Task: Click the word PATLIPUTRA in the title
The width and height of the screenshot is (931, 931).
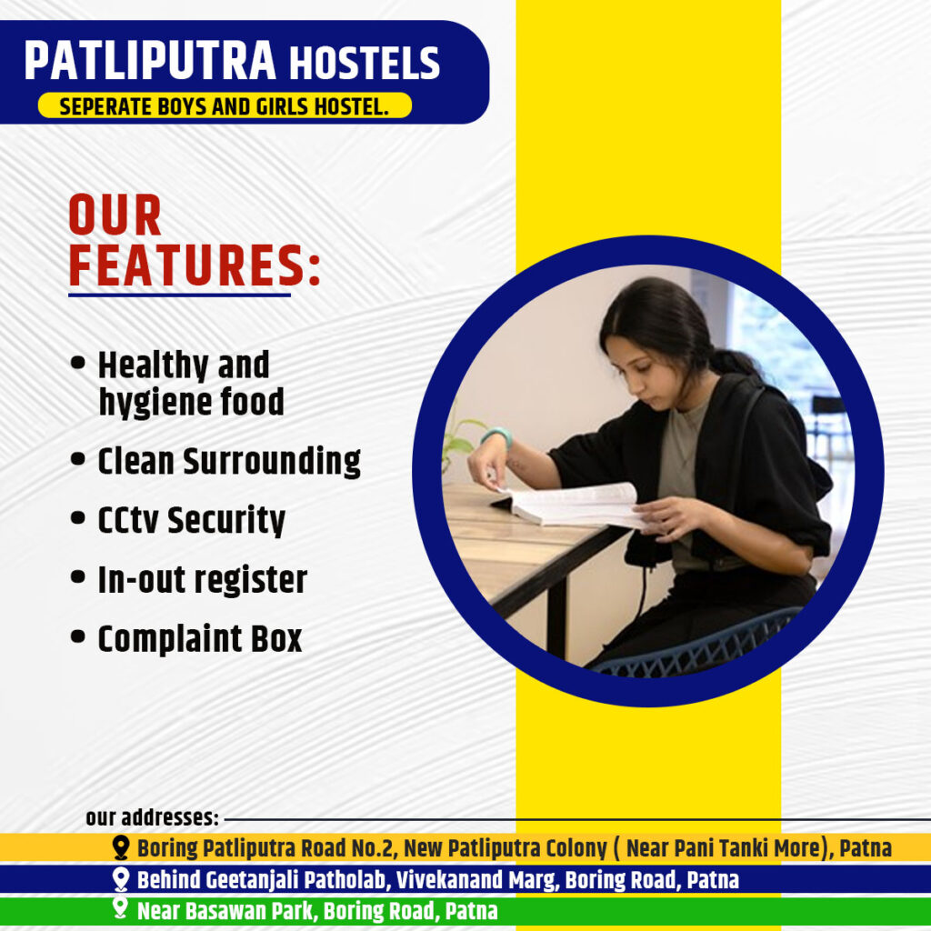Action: tap(150, 60)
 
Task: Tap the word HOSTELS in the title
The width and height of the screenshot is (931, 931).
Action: tap(365, 63)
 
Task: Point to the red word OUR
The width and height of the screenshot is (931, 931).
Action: tap(115, 215)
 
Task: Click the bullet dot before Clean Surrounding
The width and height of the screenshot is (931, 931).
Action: tap(78, 458)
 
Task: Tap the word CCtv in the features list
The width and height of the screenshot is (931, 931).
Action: tap(128, 520)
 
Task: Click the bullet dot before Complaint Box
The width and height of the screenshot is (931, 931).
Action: tap(78, 636)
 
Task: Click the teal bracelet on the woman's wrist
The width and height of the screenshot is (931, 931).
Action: tap(496, 435)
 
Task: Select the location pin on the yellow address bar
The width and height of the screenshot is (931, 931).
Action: tap(121, 848)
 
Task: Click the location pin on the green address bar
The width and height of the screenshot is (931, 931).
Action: tap(121, 908)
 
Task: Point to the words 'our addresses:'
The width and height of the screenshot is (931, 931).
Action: tap(152, 817)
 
